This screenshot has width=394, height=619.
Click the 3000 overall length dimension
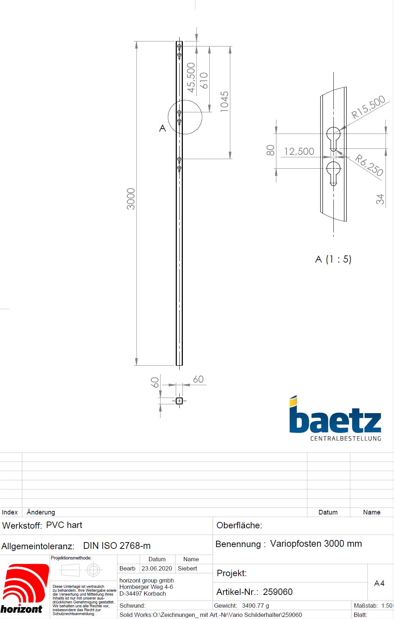pyautogui.click(x=131, y=199)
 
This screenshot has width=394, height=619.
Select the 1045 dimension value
pyautogui.click(x=224, y=102)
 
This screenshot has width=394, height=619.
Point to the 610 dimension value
pyautogui.click(x=204, y=80)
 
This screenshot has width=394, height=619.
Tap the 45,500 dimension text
pyautogui.click(x=191, y=78)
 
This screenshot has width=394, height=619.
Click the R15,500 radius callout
pyautogui.click(x=368, y=107)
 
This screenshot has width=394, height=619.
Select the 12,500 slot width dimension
pyautogui.click(x=299, y=151)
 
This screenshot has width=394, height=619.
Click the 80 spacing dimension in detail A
pyautogui.click(x=270, y=150)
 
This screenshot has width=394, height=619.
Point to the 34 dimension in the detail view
pyautogui.click(x=380, y=199)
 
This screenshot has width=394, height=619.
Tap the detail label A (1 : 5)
pyautogui.click(x=333, y=259)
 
